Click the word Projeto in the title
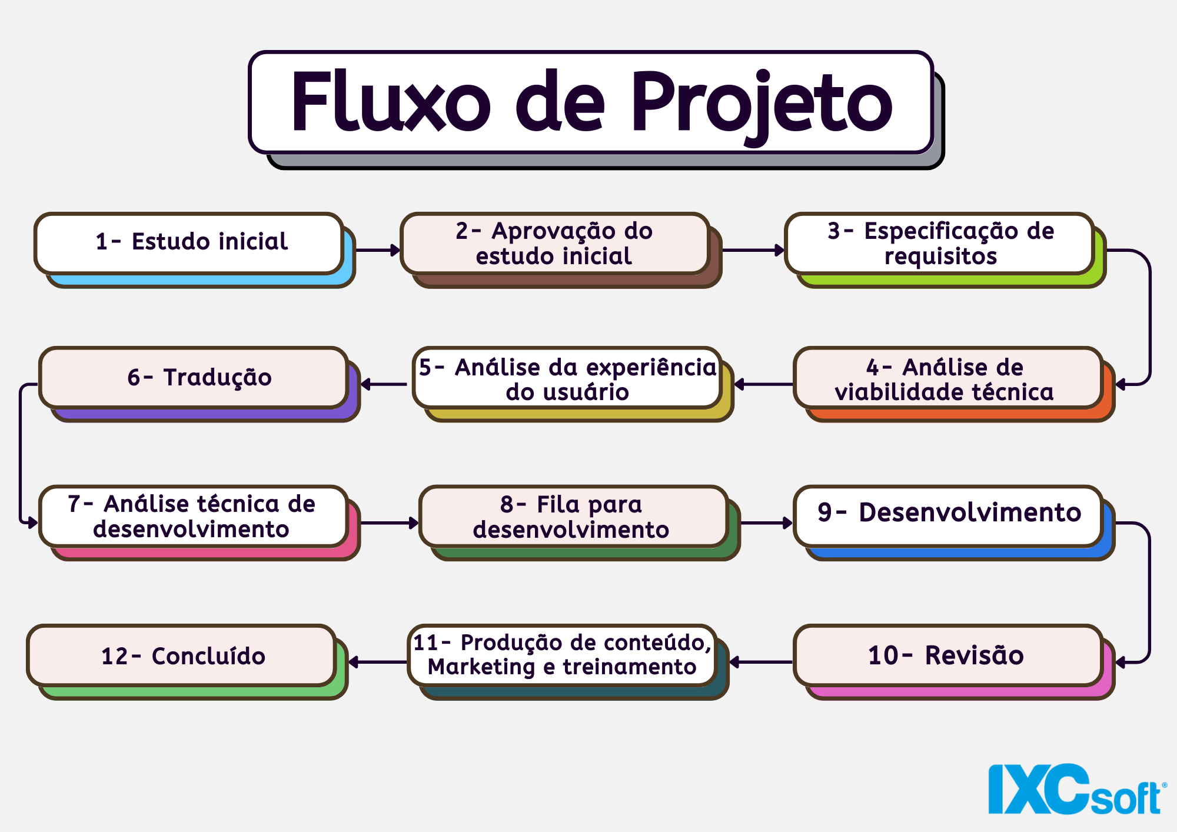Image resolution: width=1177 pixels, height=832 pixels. (x=762, y=101)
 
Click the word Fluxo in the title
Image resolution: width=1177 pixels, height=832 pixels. (x=391, y=101)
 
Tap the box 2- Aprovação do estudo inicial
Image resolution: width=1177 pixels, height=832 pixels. (x=554, y=243)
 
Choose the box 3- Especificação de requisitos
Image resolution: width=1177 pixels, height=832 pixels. (x=940, y=243)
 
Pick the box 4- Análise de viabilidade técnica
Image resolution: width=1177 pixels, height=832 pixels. (x=947, y=378)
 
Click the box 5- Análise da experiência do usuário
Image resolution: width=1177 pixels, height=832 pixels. (x=567, y=378)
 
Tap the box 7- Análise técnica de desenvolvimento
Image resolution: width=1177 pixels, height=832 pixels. (x=193, y=516)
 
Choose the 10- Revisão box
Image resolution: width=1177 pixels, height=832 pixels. (x=947, y=655)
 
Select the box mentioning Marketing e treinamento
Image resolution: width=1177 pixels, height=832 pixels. (x=563, y=655)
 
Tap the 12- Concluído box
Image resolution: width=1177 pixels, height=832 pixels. (x=182, y=655)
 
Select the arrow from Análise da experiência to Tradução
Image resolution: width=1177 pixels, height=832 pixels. (x=384, y=384)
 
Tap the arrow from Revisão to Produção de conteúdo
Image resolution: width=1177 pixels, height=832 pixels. (x=761, y=663)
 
